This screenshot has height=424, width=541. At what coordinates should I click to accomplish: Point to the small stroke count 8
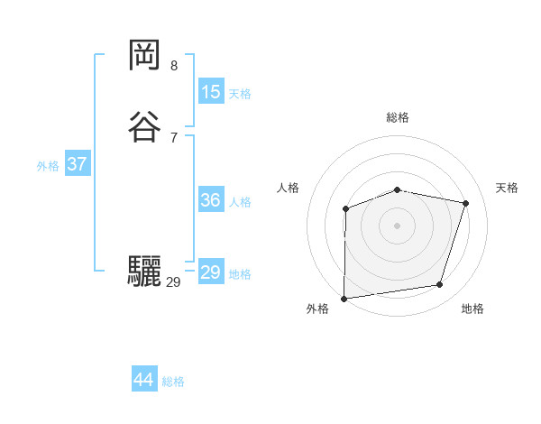point(174,66)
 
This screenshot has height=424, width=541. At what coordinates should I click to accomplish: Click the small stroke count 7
point(174,137)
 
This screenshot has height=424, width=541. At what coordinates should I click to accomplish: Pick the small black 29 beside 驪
point(173,282)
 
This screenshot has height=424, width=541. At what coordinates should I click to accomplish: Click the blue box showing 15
point(210,92)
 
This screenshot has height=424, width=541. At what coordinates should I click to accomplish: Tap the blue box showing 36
point(210,200)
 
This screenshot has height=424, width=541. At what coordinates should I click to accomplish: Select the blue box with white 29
point(210,272)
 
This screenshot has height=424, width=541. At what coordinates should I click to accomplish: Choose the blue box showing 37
point(77,164)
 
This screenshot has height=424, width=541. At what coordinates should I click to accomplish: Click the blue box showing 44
point(143,380)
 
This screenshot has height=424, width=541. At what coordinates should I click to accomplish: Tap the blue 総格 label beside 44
point(173,382)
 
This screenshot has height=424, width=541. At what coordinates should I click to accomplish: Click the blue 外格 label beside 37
point(48,166)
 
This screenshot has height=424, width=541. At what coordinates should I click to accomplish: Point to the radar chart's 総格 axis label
point(398,117)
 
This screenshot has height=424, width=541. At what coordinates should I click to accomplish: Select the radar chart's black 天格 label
point(507,188)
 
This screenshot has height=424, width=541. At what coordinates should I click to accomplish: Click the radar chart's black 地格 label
point(472,309)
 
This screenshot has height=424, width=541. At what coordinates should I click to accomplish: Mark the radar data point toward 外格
point(344,298)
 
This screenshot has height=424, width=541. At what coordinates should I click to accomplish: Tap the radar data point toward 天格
point(465,204)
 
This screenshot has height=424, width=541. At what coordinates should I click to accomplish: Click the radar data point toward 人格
point(346,209)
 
